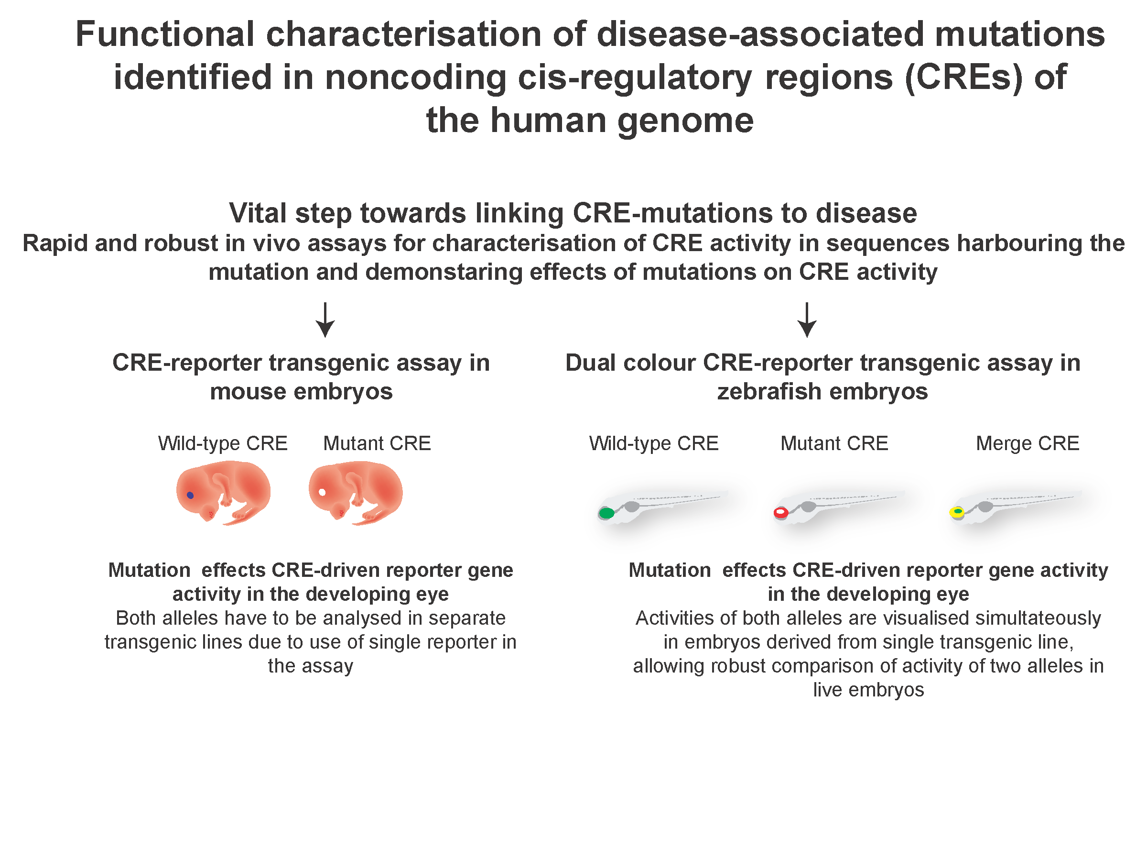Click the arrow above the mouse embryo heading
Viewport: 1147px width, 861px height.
point(325,320)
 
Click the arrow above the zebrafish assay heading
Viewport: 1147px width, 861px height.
point(807,320)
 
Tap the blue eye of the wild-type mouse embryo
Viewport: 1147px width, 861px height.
point(190,495)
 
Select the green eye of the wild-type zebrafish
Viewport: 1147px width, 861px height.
point(606,513)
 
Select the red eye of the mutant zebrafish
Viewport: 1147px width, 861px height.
point(781,513)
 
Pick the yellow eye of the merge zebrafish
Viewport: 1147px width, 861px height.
point(957,512)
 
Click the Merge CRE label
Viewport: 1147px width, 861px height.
point(1028,443)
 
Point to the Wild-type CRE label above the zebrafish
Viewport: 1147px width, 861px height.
point(654,444)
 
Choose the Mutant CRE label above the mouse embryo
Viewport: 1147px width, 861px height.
point(377,443)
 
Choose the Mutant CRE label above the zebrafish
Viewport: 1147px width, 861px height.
point(834,443)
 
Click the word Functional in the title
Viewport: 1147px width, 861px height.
point(165,34)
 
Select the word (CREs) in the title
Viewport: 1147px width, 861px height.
point(964,77)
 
